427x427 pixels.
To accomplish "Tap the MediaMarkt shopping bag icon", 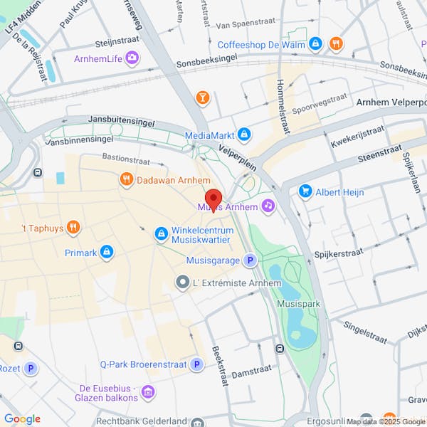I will point(244,135).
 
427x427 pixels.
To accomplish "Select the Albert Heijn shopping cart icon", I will point(306,191).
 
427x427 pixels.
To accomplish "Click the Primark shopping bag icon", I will point(107,251).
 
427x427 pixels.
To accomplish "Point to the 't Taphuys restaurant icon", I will point(73,228).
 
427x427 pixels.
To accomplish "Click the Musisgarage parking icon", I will point(250,260).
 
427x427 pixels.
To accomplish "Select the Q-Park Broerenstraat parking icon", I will point(196,364).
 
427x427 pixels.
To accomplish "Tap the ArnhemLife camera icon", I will point(132,58).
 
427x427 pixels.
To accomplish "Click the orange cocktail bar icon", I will point(203,97).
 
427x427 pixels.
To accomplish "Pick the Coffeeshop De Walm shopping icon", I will point(316,44).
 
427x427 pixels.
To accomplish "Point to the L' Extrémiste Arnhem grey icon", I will point(182,283).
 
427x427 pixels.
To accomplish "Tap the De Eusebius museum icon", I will point(148,391).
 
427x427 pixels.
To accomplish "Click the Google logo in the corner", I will point(22,419).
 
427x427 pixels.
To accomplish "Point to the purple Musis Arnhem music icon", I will point(268,206).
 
